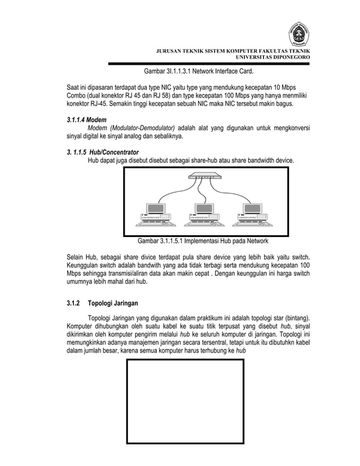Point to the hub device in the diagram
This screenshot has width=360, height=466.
pos(200,176)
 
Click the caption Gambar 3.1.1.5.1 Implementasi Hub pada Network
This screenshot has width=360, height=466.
pos(204,241)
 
